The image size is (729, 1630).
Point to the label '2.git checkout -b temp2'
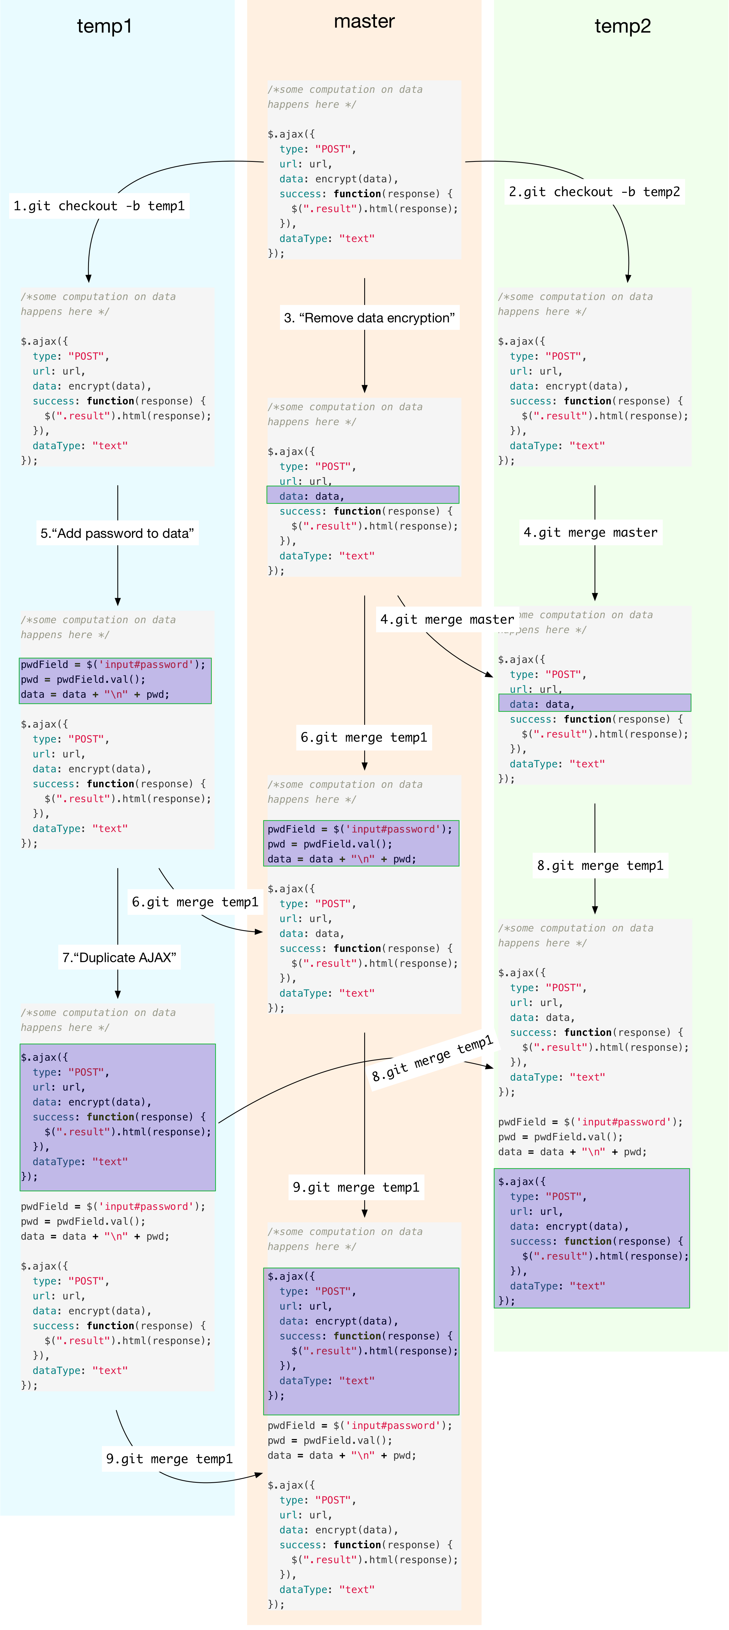tap(594, 192)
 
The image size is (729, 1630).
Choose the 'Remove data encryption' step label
tap(369, 318)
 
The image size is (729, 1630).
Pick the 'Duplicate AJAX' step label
tap(119, 957)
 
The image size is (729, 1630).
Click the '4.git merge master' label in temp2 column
tap(590, 532)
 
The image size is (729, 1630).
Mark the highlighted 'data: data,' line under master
tap(363, 495)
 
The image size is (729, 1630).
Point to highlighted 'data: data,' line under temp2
tap(595, 703)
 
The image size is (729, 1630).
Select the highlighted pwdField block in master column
tap(361, 844)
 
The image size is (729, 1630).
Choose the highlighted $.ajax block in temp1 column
tap(118, 1117)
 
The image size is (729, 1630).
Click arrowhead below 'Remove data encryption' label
tap(364, 389)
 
